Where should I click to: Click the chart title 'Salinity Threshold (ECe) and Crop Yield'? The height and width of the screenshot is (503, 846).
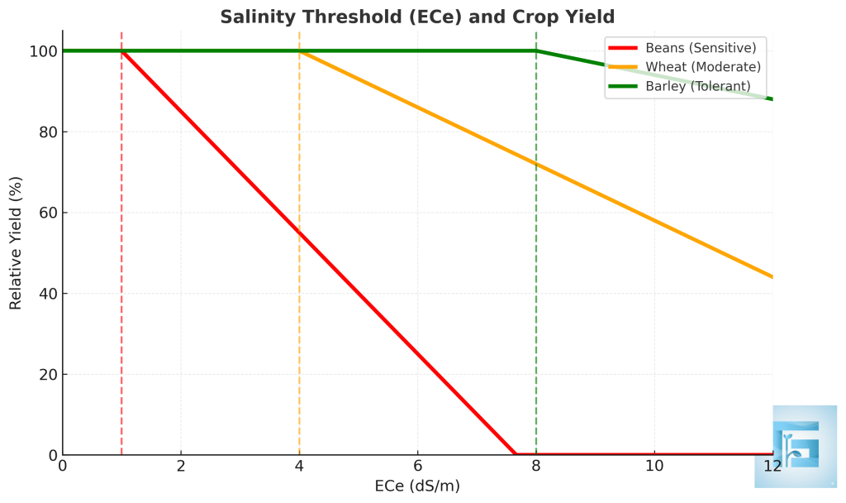(x=416, y=17)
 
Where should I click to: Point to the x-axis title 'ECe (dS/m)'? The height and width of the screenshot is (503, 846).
(x=417, y=486)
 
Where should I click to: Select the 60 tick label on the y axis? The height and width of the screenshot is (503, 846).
(x=47, y=213)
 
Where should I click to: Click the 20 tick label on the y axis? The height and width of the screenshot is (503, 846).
(x=47, y=375)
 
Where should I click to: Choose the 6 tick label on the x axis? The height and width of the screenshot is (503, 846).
(x=417, y=466)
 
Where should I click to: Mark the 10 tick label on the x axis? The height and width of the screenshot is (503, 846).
(x=654, y=466)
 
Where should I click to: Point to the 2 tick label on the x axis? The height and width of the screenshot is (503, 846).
(x=181, y=466)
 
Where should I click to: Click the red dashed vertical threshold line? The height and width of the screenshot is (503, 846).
(x=121, y=248)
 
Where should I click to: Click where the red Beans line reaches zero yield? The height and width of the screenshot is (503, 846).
(x=514, y=454)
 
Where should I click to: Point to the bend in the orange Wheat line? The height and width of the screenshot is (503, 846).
(x=299, y=51)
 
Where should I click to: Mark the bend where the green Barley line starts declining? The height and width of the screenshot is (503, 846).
(x=536, y=51)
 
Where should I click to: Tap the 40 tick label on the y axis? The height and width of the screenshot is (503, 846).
(x=47, y=294)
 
